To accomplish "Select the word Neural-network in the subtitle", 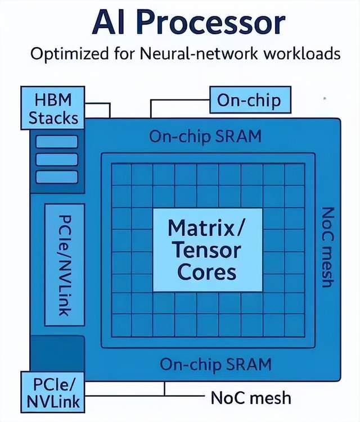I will (x=182, y=55).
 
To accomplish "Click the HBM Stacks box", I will (x=53, y=108).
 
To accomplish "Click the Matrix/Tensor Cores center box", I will (x=206, y=249).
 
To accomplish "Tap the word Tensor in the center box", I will (x=206, y=249).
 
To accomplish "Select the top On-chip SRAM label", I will (x=205, y=137).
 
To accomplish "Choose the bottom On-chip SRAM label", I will (x=215, y=364).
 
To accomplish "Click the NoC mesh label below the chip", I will (x=251, y=398).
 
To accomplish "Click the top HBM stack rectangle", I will (x=56, y=141).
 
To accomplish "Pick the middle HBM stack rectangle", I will (x=56, y=159).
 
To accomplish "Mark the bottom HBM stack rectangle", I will (x=56, y=177).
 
